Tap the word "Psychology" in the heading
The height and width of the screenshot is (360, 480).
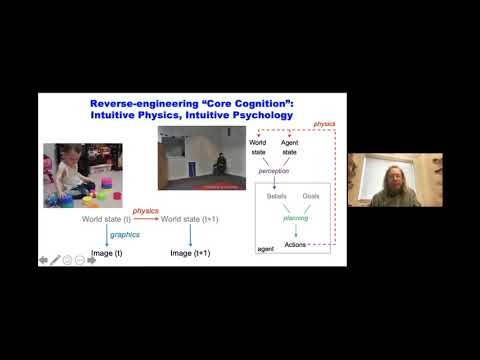click(258, 115)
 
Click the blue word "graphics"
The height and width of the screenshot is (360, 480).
click(125, 234)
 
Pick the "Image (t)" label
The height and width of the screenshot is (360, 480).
click(105, 253)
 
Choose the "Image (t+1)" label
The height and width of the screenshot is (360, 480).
click(193, 253)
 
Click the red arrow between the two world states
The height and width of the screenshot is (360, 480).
click(146, 218)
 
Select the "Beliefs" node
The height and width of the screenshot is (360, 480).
click(276, 196)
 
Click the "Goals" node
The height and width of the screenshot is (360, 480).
click(311, 196)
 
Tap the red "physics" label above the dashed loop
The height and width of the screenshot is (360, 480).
click(324, 124)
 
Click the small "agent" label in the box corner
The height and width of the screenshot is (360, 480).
click(266, 249)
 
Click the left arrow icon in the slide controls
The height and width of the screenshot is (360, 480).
click(43, 259)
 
